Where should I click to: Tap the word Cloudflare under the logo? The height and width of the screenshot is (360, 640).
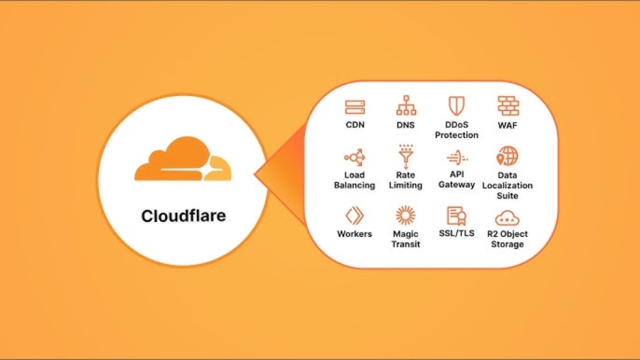[x=183, y=215]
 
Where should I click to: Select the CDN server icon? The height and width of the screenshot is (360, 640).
[x=355, y=107]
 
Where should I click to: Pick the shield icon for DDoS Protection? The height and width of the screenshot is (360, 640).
[x=457, y=107]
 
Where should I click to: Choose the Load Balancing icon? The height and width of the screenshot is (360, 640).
[x=354, y=157]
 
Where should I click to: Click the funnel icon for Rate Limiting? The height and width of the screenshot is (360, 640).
[x=405, y=157]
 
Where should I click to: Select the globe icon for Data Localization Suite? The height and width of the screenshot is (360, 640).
[x=508, y=157]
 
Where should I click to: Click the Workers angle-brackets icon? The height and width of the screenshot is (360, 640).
[x=354, y=216]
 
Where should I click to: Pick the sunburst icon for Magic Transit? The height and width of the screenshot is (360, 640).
[x=405, y=216]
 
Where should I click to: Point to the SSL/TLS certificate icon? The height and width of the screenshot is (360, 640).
[x=456, y=216]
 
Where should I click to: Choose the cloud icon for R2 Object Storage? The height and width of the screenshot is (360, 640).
[x=508, y=217]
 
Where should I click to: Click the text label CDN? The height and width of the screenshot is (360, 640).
[x=355, y=125]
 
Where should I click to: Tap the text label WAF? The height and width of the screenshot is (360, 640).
[x=508, y=125]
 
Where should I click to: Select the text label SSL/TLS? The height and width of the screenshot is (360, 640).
[x=456, y=234]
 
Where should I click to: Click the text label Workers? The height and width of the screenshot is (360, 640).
[x=354, y=234]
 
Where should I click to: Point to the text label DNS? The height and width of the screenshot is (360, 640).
[x=406, y=125]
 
